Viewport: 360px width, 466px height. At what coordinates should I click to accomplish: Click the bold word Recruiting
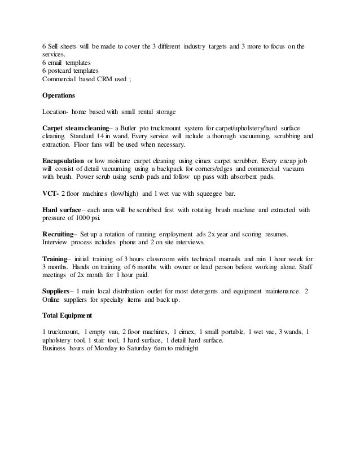click(x=60, y=234)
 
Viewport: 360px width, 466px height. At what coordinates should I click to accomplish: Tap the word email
click(x=59, y=62)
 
